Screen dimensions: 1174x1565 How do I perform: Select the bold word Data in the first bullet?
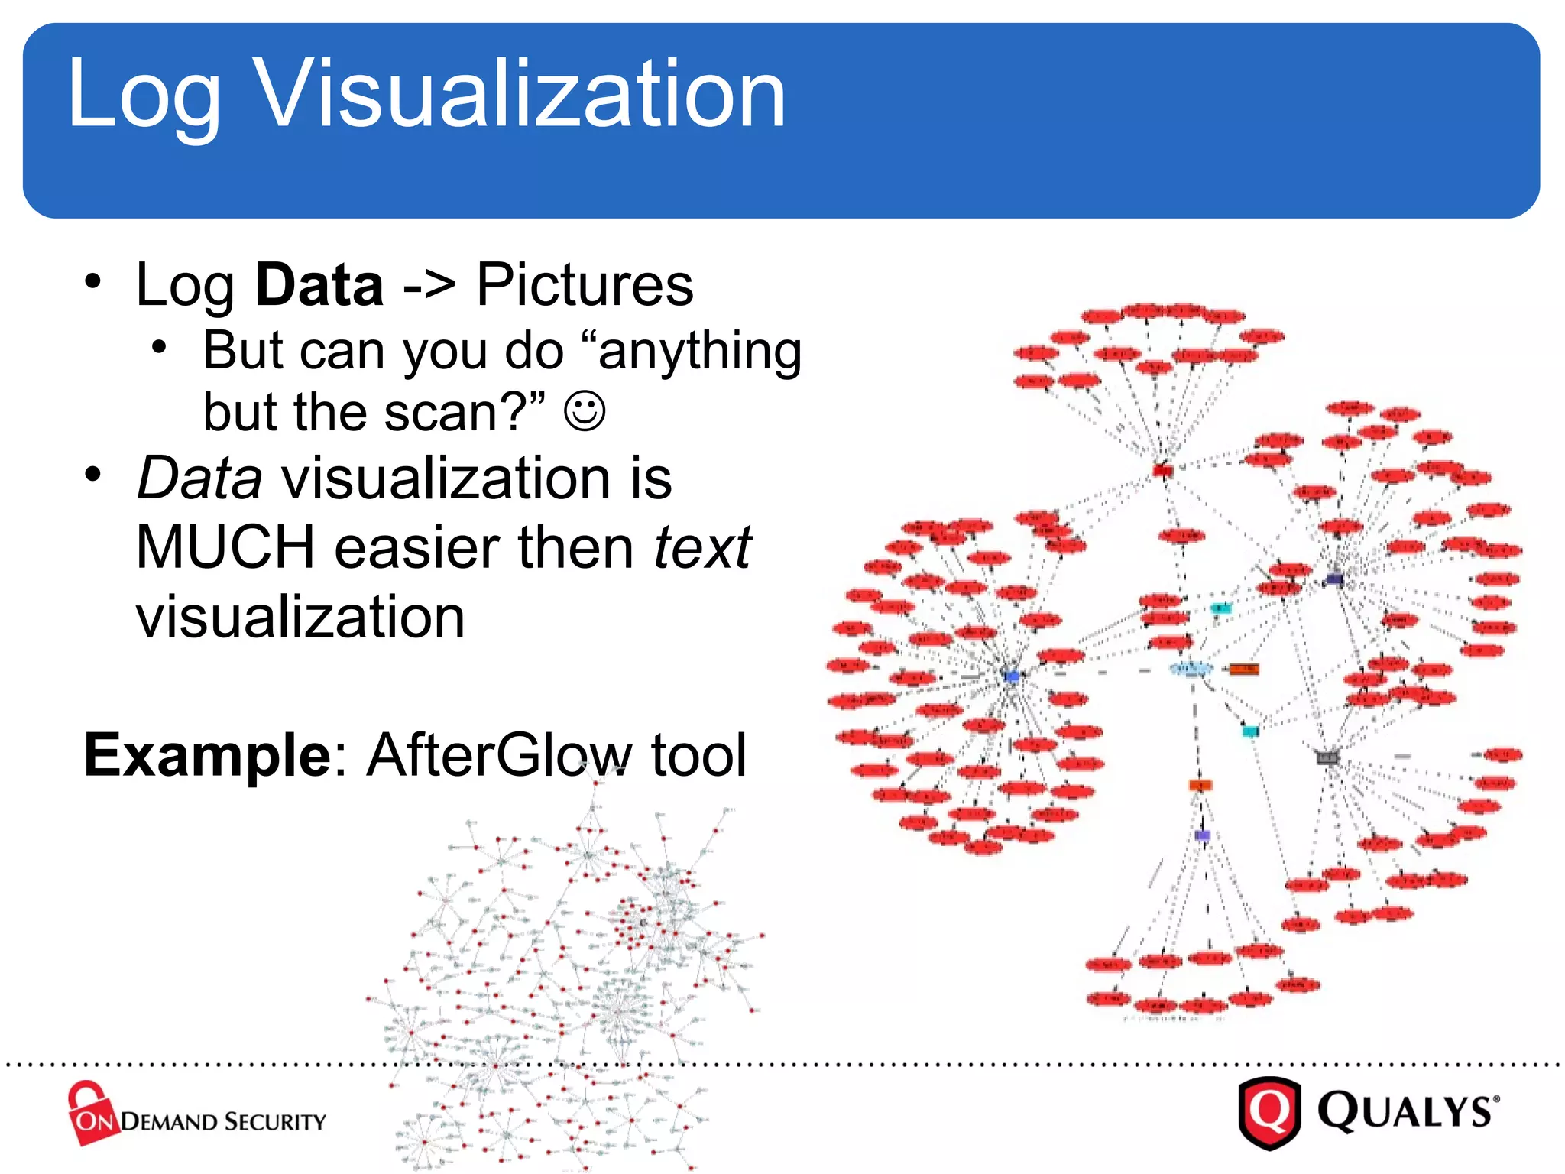pos(319,284)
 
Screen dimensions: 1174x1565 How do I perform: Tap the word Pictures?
pos(585,284)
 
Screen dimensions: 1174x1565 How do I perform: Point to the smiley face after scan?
pos(585,411)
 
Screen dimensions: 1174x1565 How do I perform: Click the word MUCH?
pos(225,547)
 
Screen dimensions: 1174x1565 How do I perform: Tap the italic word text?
pos(702,547)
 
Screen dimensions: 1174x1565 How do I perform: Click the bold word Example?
pos(206,754)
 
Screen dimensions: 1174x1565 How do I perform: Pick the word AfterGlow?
pos(500,754)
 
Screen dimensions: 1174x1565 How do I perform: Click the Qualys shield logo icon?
pos(1269,1112)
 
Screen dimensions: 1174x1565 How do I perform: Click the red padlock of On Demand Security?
pos(90,1112)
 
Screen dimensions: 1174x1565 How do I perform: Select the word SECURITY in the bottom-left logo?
pos(275,1122)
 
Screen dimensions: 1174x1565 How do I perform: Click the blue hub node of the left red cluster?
pos(1012,676)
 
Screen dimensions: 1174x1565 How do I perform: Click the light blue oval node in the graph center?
pos(1191,669)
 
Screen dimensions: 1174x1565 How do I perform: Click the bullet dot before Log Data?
pos(93,281)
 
